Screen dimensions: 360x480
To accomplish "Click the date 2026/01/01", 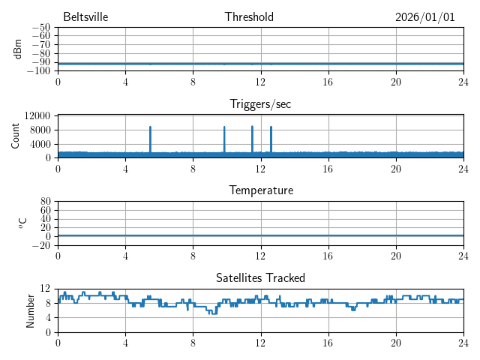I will pos(425,17).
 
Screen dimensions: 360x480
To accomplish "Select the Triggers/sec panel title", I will pos(260,104).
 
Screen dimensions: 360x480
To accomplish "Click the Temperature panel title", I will pos(261,190).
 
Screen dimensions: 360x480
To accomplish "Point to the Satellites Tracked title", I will pos(260,278).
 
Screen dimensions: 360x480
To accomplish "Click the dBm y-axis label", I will pos(19,49).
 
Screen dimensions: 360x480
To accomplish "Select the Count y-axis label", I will pos(16,136).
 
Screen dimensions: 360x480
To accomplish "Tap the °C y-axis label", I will pos(22,223).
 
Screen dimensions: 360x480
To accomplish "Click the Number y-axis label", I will pos(31,310).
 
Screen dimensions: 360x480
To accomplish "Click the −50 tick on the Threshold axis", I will pos(41,28).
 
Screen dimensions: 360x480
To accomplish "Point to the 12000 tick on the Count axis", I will pos(37,115).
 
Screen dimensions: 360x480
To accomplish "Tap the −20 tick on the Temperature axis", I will pos(41,245).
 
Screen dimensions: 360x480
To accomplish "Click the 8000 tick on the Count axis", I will pos(40,130).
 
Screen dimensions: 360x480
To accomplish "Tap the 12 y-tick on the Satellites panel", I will pos(45,289).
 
